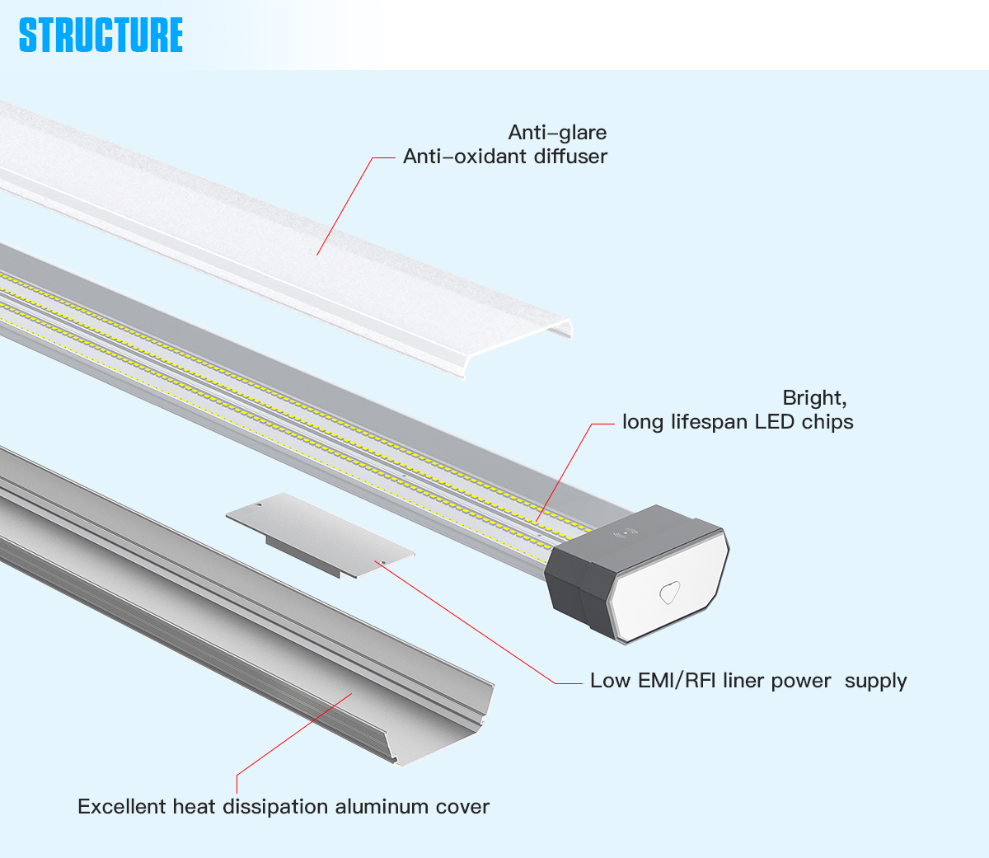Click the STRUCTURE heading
pos(101,35)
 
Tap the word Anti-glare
pos(557,133)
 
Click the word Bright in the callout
pos(813,398)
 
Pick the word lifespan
pos(710,422)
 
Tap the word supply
pos(875,682)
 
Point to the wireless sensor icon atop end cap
pos(626,533)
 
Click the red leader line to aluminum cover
pos(297,733)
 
